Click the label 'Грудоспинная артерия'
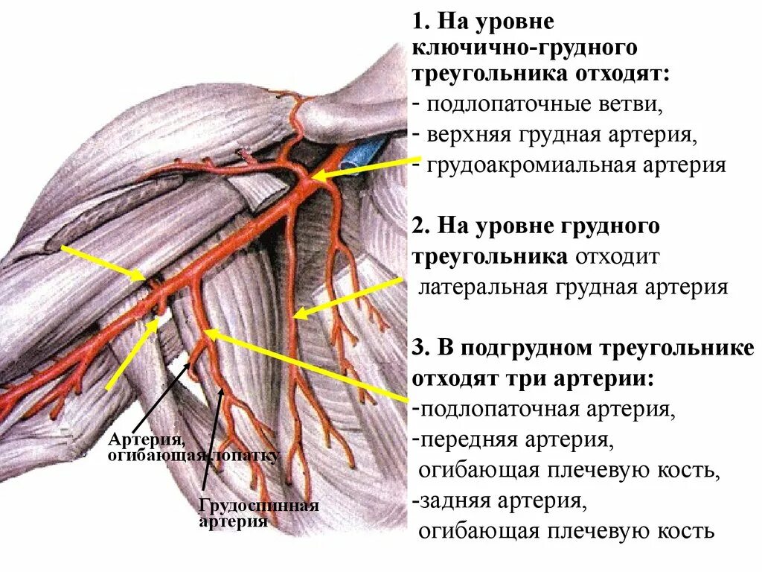click(x=258, y=513)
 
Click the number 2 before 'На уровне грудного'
click(x=418, y=226)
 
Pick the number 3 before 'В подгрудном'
click(x=418, y=349)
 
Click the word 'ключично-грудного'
click(x=525, y=49)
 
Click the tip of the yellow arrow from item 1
click(x=313, y=178)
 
